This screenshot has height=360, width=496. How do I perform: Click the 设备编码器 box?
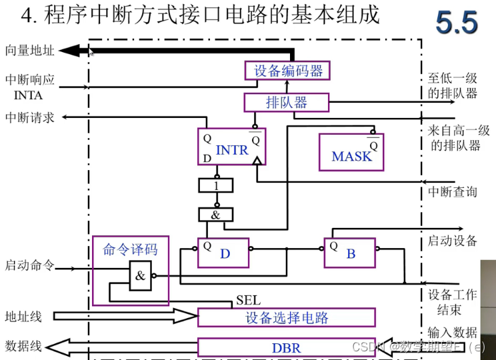287,70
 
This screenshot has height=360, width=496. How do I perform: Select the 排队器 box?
287,102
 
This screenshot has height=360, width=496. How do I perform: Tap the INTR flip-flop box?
231,147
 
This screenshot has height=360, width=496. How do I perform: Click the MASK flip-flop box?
351,151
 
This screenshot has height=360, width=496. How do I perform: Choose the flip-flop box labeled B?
350,253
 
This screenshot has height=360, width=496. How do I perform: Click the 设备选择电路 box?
287,317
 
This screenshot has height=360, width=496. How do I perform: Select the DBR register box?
287,347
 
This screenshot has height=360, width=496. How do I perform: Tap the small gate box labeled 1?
216,186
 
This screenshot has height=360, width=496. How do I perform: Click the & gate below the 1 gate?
216,215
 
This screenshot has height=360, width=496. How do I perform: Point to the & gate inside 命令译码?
140,274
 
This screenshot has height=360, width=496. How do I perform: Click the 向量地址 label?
30,50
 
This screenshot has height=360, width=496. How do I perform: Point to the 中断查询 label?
453,192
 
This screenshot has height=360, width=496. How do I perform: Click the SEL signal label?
248,301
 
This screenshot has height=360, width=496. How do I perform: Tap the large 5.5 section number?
457,23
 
